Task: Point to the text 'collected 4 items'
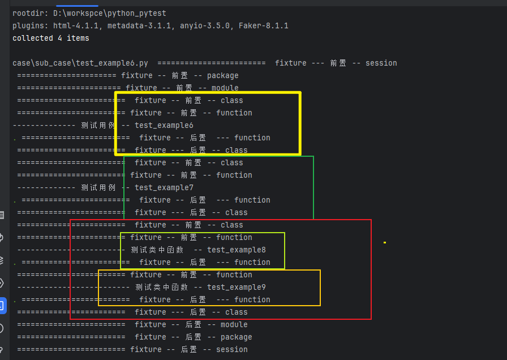coord(51,38)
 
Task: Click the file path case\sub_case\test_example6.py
coord(80,63)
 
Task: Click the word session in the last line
coord(231,349)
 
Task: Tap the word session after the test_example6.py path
coord(381,63)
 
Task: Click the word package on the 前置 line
coord(222,75)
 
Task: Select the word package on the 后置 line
coord(236,337)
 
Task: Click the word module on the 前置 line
coord(225,88)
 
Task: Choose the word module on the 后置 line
coord(234,324)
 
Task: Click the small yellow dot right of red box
coord(385,242)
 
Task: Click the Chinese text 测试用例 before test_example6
coord(98,125)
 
